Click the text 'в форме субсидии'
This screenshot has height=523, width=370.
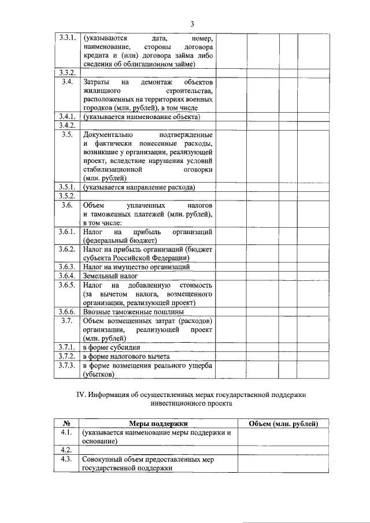112,348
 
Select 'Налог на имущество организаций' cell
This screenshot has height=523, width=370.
136,267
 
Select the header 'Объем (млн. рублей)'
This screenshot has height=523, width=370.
283,424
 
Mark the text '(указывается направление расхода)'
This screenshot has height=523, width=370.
138,187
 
